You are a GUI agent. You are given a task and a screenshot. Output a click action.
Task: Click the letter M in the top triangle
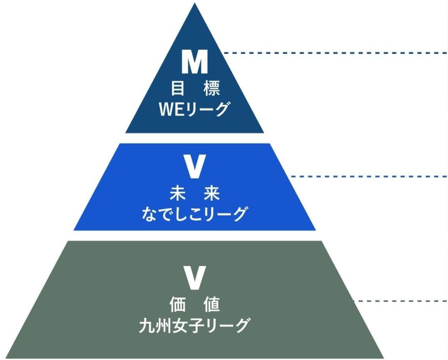[195, 62]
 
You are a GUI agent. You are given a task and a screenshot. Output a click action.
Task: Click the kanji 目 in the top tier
[177, 89]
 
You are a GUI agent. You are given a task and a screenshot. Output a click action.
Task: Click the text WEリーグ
[194, 109]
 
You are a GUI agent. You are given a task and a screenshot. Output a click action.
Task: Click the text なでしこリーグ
[194, 213]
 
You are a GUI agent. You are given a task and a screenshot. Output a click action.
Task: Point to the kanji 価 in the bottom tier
[177, 304]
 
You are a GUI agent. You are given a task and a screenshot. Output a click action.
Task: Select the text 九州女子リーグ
[194, 325]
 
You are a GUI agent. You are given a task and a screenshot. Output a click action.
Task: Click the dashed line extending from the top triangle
[335, 53]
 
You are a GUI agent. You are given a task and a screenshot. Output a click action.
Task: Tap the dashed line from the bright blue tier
[368, 176]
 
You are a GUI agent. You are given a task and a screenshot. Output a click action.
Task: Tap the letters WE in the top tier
[172, 109]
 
